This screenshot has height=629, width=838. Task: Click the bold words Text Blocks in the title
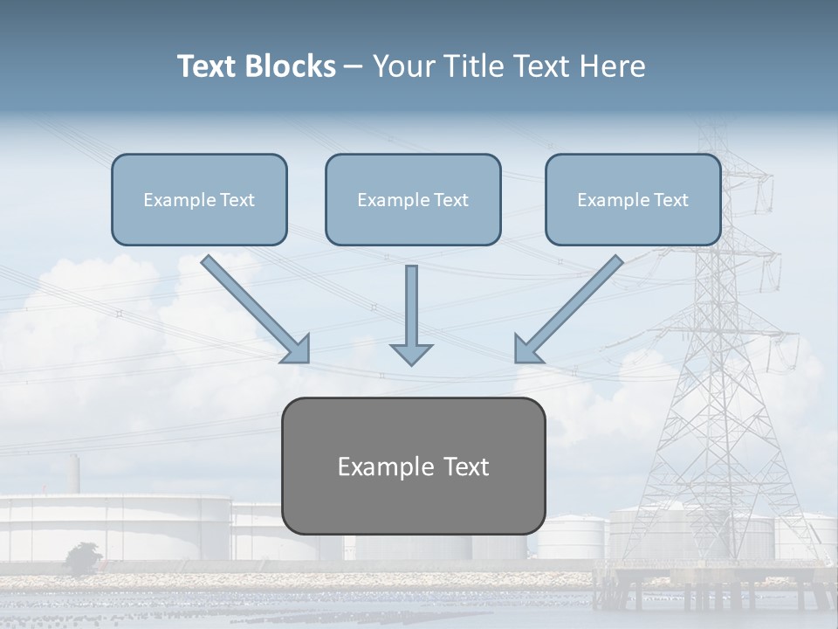[256, 66]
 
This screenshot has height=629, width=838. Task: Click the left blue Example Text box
[199, 199]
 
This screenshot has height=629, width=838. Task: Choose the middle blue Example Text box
[413, 199]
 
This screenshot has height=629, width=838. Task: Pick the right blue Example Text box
[633, 199]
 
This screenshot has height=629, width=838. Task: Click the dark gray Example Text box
[413, 466]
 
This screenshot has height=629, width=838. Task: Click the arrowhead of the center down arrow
[411, 353]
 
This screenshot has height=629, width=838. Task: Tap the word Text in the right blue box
[670, 199]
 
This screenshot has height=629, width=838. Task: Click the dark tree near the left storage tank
[83, 557]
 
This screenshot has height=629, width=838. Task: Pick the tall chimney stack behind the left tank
[75, 476]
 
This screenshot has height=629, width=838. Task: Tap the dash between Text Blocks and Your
[354, 66]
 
